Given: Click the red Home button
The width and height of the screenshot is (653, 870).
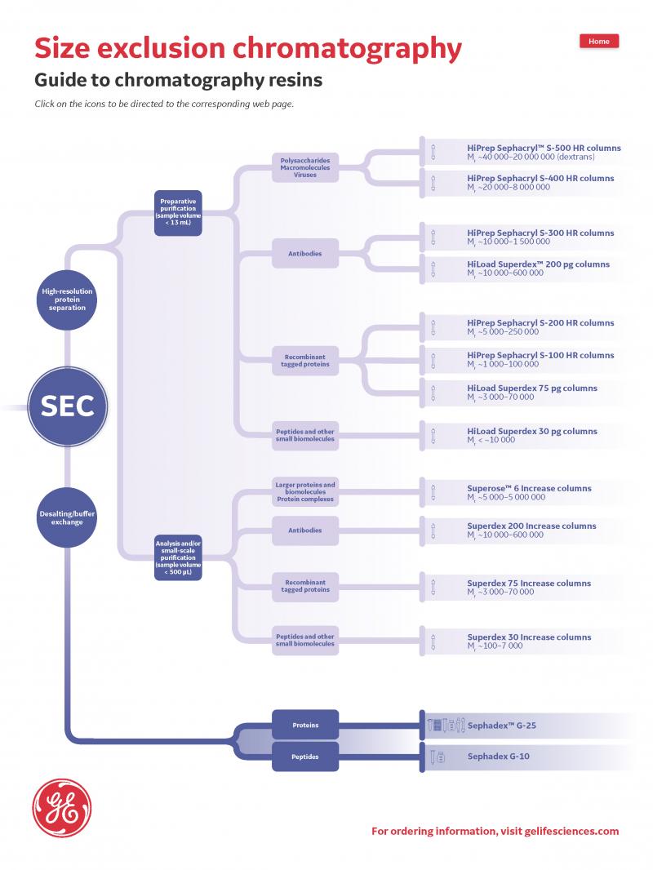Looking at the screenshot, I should pos(599,42).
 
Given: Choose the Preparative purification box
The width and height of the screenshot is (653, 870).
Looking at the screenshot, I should pos(178,212).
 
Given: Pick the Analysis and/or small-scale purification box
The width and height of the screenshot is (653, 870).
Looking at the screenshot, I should pos(178,556).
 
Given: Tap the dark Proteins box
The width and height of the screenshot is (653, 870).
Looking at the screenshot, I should pos(305,725).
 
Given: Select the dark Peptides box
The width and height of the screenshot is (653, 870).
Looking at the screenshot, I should pos(305,757).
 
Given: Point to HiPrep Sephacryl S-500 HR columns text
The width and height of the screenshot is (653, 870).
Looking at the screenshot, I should pos(544,149).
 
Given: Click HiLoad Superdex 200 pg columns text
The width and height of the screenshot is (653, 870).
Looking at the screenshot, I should pos(538,264).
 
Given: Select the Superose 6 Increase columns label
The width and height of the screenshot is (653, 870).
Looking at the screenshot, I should pos(529,488).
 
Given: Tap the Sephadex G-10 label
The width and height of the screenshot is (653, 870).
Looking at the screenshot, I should pos(498,757).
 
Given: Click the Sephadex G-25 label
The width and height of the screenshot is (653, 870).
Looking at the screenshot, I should pos(501,725).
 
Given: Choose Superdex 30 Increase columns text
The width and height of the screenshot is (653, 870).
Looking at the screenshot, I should pos(529,637).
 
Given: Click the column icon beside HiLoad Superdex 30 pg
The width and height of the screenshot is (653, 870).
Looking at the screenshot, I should pos(433,435).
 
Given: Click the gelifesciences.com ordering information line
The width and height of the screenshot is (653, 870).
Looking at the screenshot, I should pos(495,832).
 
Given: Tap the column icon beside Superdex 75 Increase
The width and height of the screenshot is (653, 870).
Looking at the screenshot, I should pos(433,587).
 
